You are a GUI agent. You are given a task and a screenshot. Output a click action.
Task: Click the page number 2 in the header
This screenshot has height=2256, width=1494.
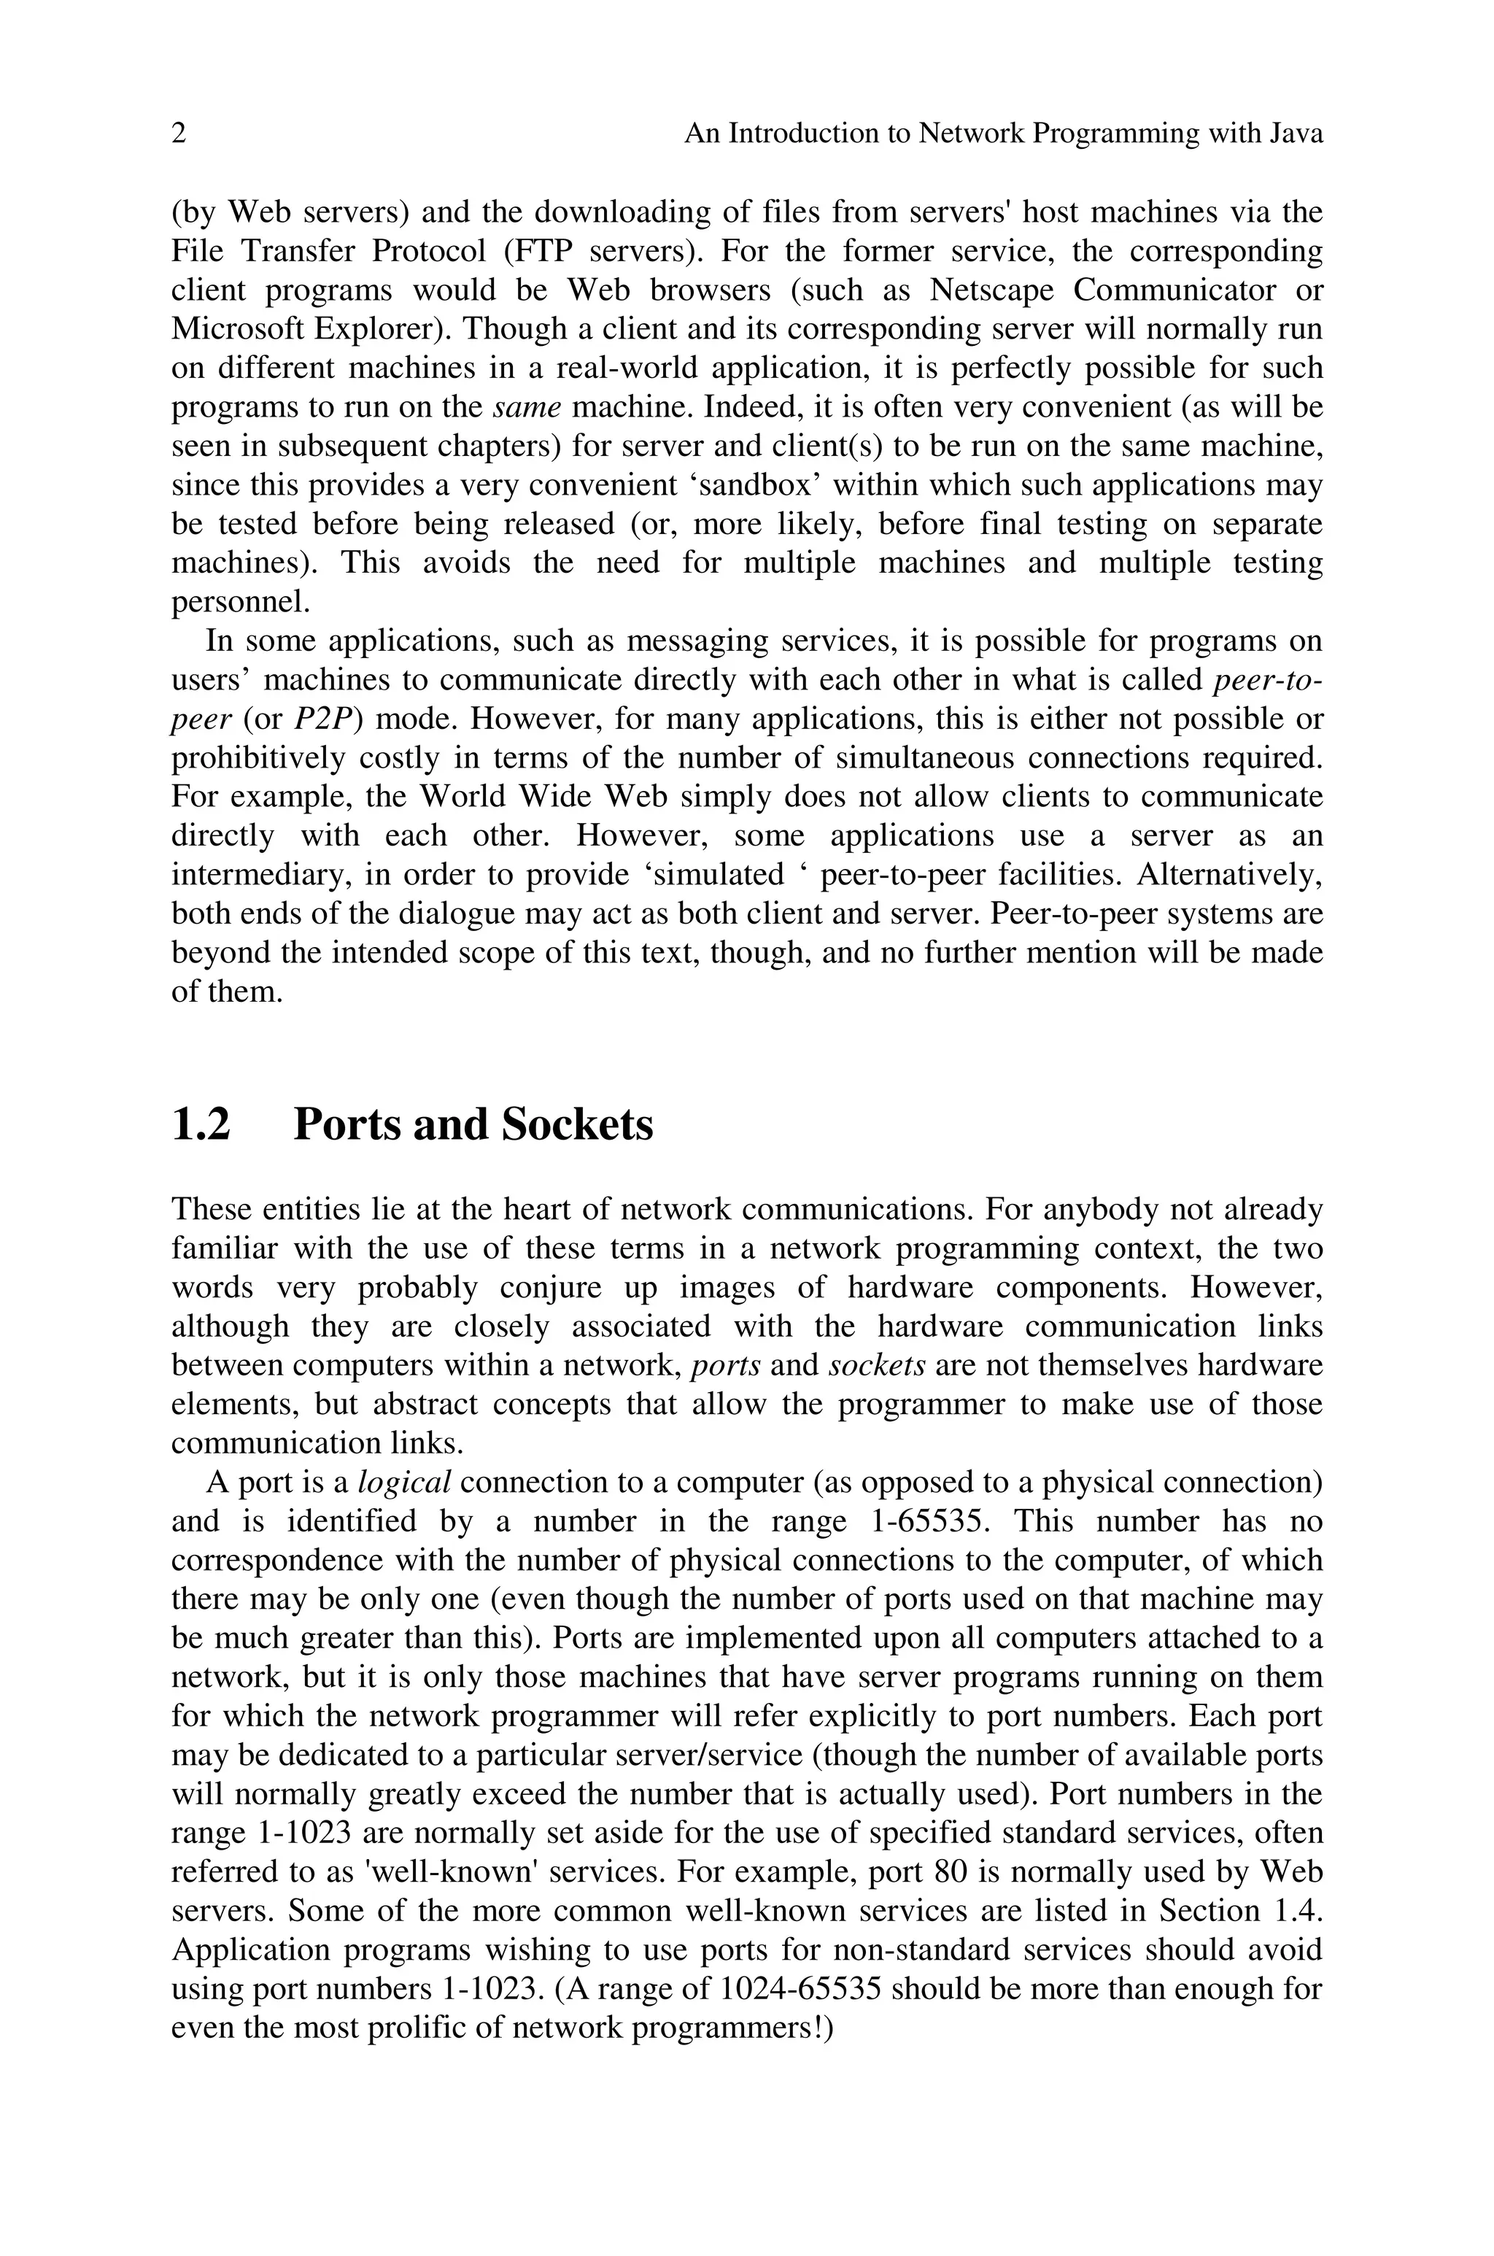[x=178, y=134]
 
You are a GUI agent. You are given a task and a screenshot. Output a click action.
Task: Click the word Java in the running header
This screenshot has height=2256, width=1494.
[x=1297, y=134]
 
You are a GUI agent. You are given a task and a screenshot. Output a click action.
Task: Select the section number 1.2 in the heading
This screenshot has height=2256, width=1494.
[x=201, y=1124]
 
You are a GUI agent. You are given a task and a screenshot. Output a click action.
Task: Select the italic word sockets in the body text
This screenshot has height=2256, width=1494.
[x=877, y=1366]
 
